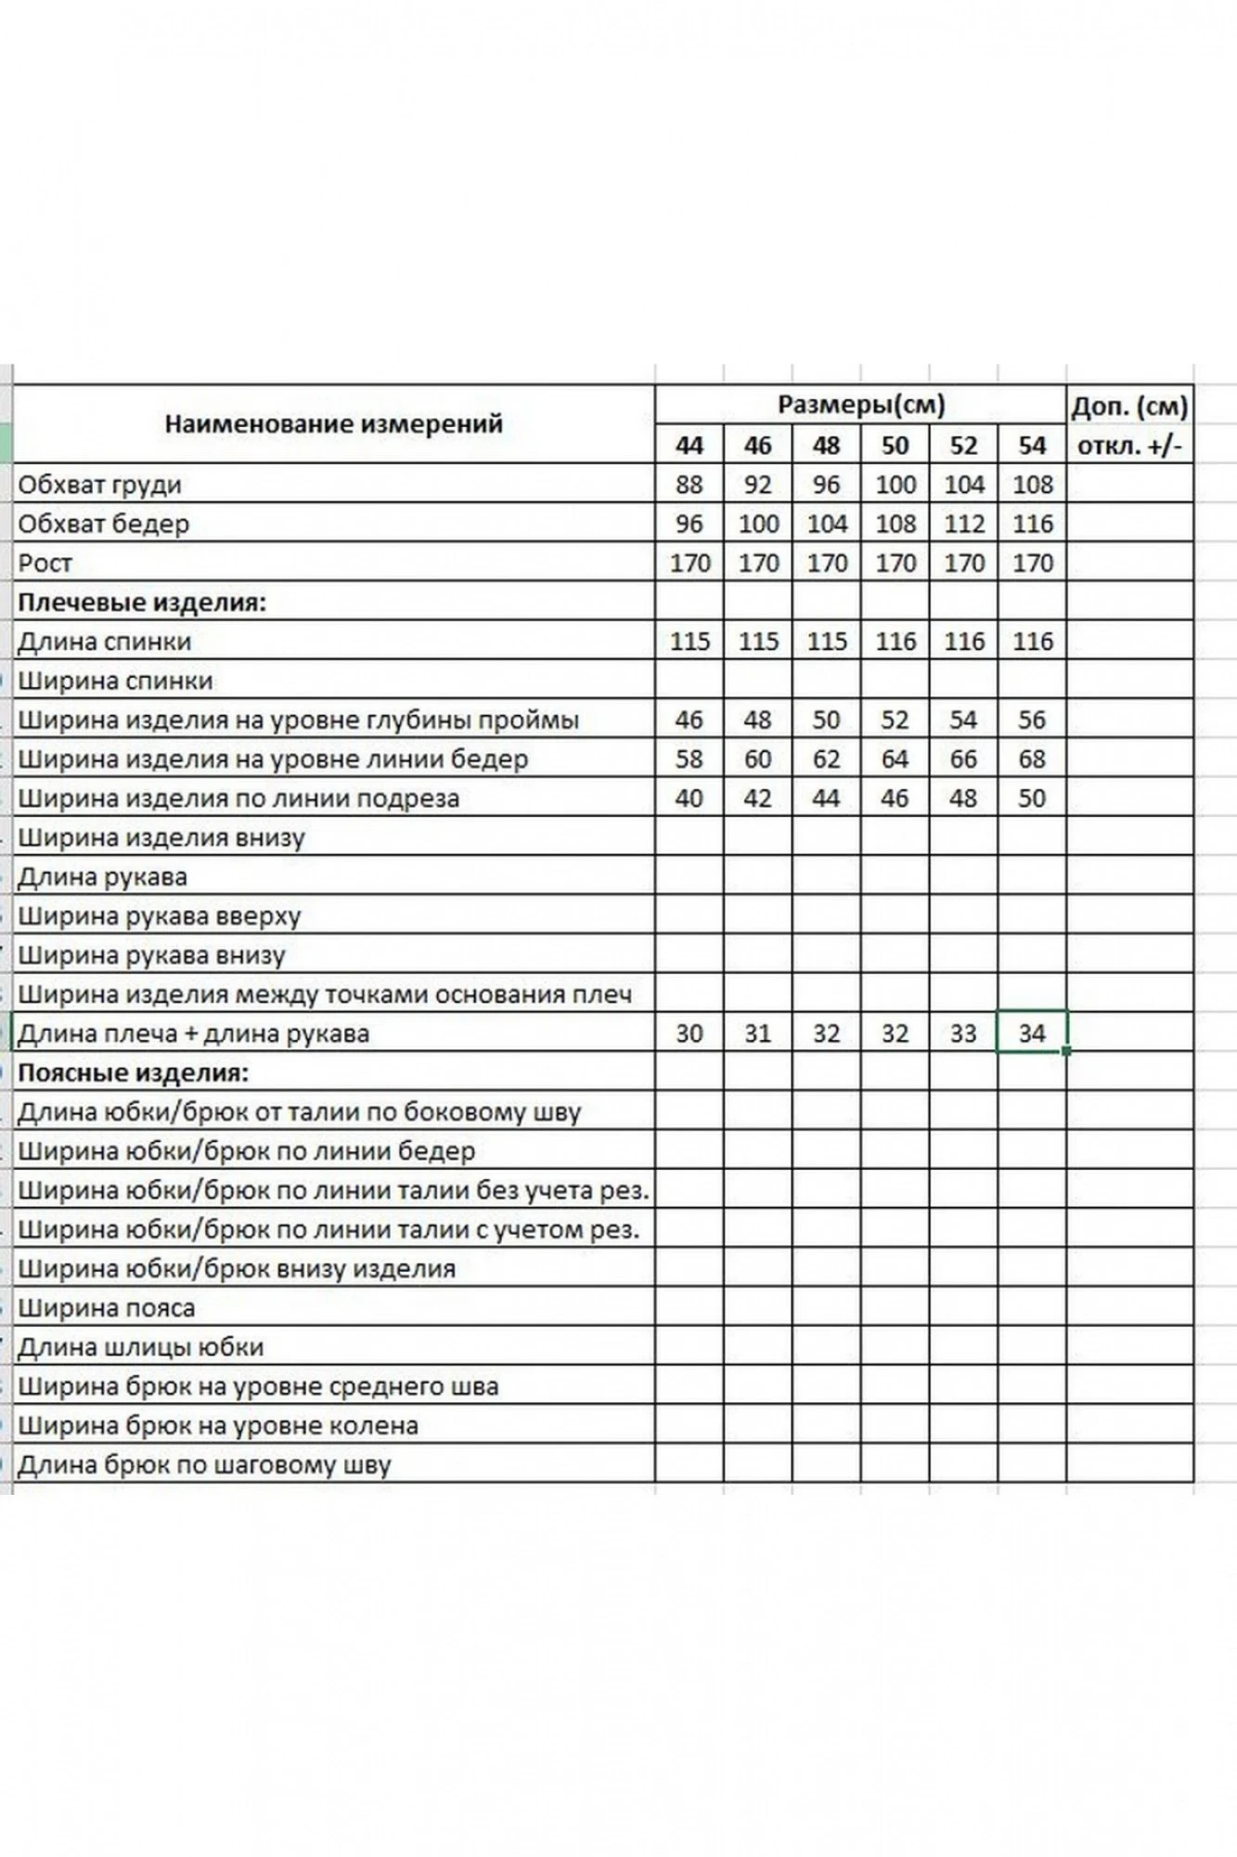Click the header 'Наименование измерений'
[333, 424]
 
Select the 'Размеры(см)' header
[860, 405]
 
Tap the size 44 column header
[689, 446]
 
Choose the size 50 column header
[895, 446]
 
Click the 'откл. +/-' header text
[1129, 446]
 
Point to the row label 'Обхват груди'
[100, 485]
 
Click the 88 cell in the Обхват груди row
[689, 485]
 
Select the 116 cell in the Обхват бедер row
[1032, 524]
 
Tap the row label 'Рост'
[45, 564]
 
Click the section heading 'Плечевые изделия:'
[142, 603]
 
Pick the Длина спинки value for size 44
[689, 642]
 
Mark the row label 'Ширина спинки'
[115, 681]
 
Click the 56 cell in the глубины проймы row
[1032, 720]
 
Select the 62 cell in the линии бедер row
[826, 760]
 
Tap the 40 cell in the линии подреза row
[689, 799]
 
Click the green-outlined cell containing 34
[1032, 1033]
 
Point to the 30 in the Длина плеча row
[689, 1033]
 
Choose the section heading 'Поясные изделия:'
[134, 1073]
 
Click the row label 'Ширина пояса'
[107, 1308]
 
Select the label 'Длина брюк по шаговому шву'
[204, 1465]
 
